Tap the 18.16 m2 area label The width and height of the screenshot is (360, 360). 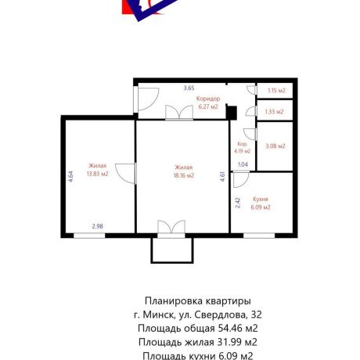coord(184,175)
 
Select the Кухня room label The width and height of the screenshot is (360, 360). coord(261,200)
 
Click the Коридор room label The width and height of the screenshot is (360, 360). coord(208,99)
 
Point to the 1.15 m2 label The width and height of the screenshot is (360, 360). coord(275,92)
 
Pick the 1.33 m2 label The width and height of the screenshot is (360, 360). coord(275,112)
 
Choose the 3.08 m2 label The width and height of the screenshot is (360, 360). coord(275,146)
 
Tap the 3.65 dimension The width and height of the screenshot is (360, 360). coord(189,88)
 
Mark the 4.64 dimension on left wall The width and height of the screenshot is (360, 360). coord(70,176)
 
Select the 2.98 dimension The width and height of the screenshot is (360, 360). coord(98,226)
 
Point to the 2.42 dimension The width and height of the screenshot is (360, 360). coord(238,203)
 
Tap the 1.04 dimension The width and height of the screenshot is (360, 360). coord(243,164)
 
